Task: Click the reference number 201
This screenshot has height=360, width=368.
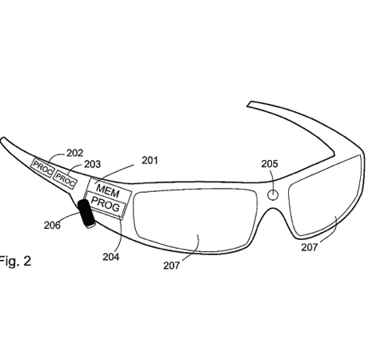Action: click(x=150, y=161)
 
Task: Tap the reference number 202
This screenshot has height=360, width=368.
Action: click(x=74, y=153)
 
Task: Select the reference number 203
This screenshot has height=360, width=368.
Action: click(x=93, y=164)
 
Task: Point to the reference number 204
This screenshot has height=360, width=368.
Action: click(x=111, y=257)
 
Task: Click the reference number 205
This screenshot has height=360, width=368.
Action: click(x=270, y=164)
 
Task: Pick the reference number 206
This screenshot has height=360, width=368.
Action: click(x=52, y=226)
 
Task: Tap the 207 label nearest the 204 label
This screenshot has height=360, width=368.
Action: click(x=171, y=266)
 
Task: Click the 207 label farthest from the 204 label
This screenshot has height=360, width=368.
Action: click(x=310, y=247)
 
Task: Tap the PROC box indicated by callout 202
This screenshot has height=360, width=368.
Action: click(x=42, y=167)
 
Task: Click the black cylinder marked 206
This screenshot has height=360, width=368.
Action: click(x=86, y=214)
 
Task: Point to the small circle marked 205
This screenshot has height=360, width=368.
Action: click(x=273, y=195)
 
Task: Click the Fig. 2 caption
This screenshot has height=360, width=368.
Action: click(x=15, y=261)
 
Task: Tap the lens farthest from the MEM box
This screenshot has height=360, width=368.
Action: click(x=325, y=196)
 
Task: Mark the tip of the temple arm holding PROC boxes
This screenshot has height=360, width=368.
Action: click(x=2, y=140)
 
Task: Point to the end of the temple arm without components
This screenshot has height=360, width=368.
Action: click(x=250, y=103)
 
